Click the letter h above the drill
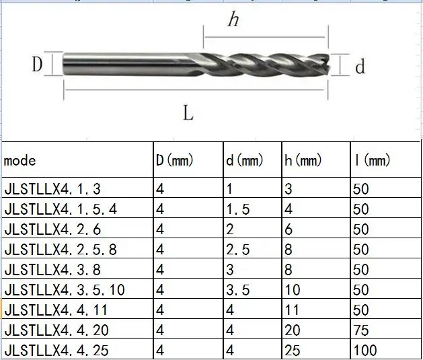click(x=233, y=20)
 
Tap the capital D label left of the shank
click(x=37, y=65)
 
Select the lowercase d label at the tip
click(x=360, y=67)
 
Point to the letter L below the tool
click(x=188, y=113)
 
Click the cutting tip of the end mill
click(x=327, y=64)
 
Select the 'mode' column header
click(x=20, y=161)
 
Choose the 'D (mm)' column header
click(x=175, y=160)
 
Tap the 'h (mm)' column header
click(x=303, y=160)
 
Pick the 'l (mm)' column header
click(x=373, y=160)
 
